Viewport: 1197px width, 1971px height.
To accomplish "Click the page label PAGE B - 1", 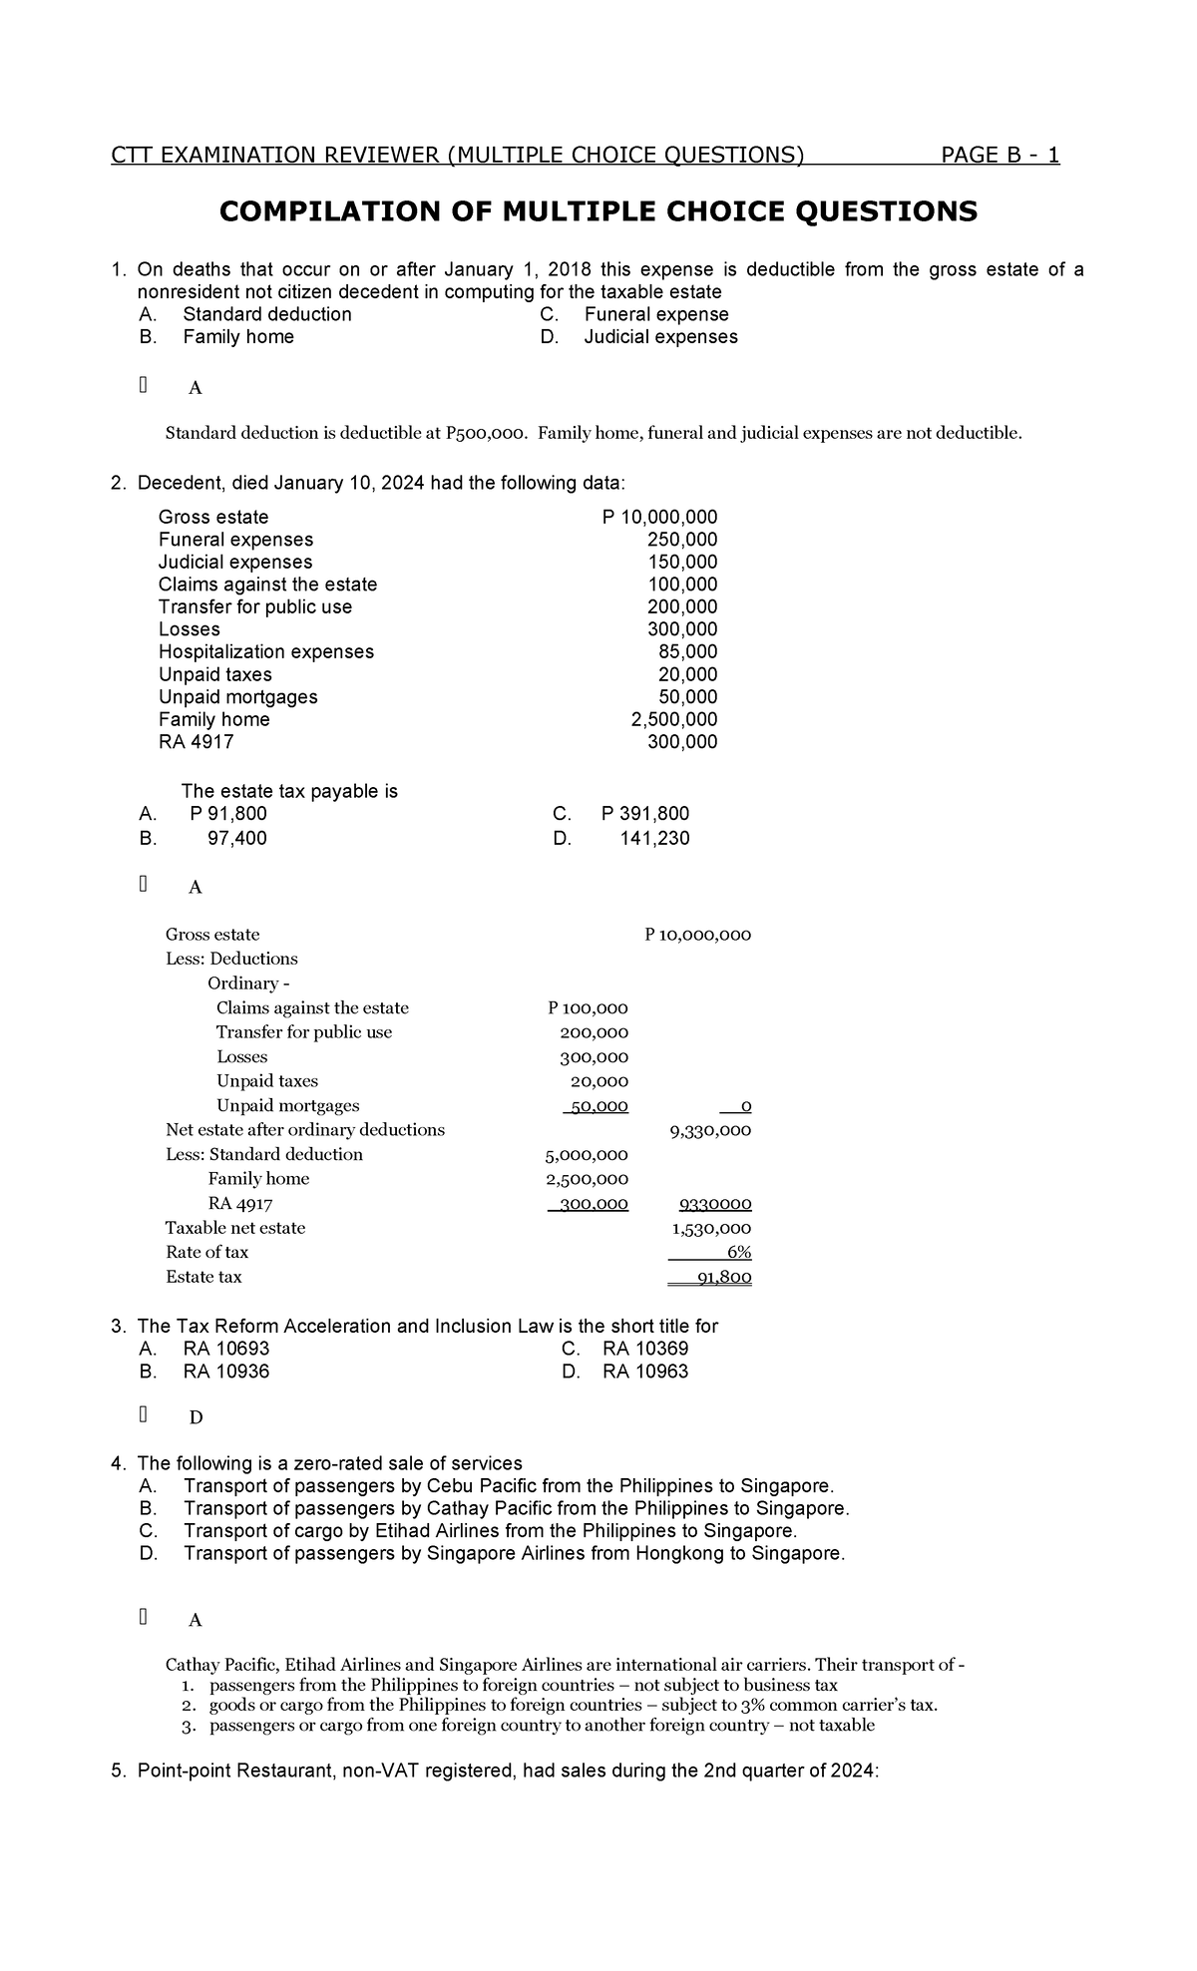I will point(999,155).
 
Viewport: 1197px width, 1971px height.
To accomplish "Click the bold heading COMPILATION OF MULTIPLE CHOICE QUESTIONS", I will point(598,211).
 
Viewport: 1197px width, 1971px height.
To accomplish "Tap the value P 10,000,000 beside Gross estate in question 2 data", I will point(659,517).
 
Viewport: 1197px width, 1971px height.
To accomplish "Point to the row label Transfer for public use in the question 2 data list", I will point(255,606).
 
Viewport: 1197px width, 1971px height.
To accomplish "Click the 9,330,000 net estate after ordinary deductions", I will point(709,1131).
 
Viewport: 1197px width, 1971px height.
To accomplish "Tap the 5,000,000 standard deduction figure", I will point(586,1155).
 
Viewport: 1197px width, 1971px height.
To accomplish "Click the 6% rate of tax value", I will point(738,1253).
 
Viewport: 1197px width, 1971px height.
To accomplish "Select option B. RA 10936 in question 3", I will point(225,1372).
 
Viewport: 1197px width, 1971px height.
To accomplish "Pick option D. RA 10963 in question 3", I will point(644,1372).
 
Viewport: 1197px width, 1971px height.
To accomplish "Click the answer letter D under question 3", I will point(196,1417).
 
